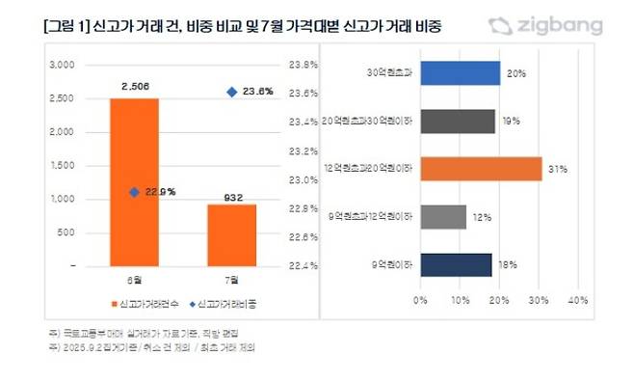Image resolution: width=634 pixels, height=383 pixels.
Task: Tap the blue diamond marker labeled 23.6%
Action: click(x=231, y=92)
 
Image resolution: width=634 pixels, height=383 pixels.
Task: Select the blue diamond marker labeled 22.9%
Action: click(x=134, y=192)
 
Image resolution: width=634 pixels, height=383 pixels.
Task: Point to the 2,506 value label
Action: click(x=134, y=87)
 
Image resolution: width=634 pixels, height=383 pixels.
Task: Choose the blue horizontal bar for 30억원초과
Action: click(x=460, y=74)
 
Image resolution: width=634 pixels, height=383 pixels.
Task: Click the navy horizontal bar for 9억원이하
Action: click(x=456, y=264)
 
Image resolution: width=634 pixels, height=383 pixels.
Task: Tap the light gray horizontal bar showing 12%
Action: click(x=443, y=217)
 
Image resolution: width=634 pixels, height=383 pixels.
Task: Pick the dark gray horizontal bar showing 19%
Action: click(x=458, y=122)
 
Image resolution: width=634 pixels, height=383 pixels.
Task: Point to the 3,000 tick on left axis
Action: click(x=62, y=65)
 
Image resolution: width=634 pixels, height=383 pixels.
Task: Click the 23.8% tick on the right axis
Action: click(x=304, y=65)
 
